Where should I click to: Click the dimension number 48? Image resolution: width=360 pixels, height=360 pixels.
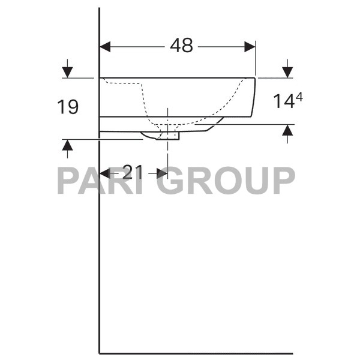[181, 46]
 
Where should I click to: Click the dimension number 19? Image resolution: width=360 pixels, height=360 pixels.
[68, 107]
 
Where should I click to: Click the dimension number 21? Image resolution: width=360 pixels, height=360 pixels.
[133, 173]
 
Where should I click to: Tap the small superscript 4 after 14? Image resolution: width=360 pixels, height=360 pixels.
[298, 96]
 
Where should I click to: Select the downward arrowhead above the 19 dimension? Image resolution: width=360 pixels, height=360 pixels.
[67, 72]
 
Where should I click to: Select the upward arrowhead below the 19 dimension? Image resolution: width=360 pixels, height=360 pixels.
[67, 145]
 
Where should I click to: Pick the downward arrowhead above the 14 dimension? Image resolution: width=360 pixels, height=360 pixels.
[287, 72]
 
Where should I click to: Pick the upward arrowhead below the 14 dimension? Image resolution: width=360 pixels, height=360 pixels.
[287, 130]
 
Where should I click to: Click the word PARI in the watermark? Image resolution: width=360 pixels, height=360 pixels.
[102, 180]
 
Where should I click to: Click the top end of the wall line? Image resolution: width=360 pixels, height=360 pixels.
[100, 8]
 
